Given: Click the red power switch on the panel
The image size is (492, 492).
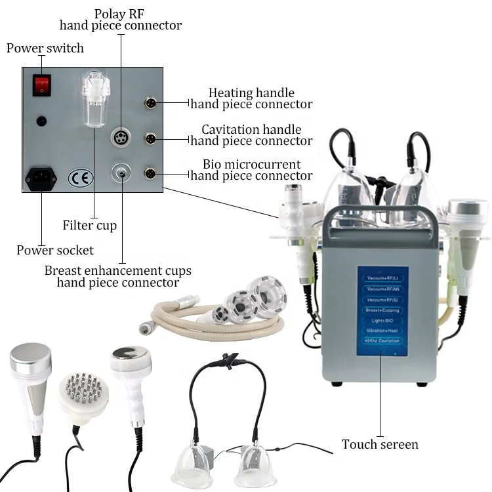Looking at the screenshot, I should (x=42, y=84).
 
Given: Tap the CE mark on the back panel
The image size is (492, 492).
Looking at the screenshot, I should (x=81, y=178).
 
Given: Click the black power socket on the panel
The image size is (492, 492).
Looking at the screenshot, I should (x=41, y=179).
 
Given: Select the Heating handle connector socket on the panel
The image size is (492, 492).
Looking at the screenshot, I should (x=150, y=103).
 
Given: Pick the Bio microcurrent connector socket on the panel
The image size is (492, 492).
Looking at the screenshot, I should (x=150, y=174).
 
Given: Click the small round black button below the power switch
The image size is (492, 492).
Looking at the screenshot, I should (x=42, y=121).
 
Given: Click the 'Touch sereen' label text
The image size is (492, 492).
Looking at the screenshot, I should (x=380, y=445).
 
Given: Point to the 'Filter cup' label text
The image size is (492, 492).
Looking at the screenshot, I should (x=90, y=226).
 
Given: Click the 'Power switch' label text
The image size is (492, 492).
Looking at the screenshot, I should (x=45, y=49).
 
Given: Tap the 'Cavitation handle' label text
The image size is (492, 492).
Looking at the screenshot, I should (x=251, y=130).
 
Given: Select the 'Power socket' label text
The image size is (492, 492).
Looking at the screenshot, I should (x=55, y=250).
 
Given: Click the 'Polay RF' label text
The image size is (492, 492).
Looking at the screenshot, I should (x=121, y=14).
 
